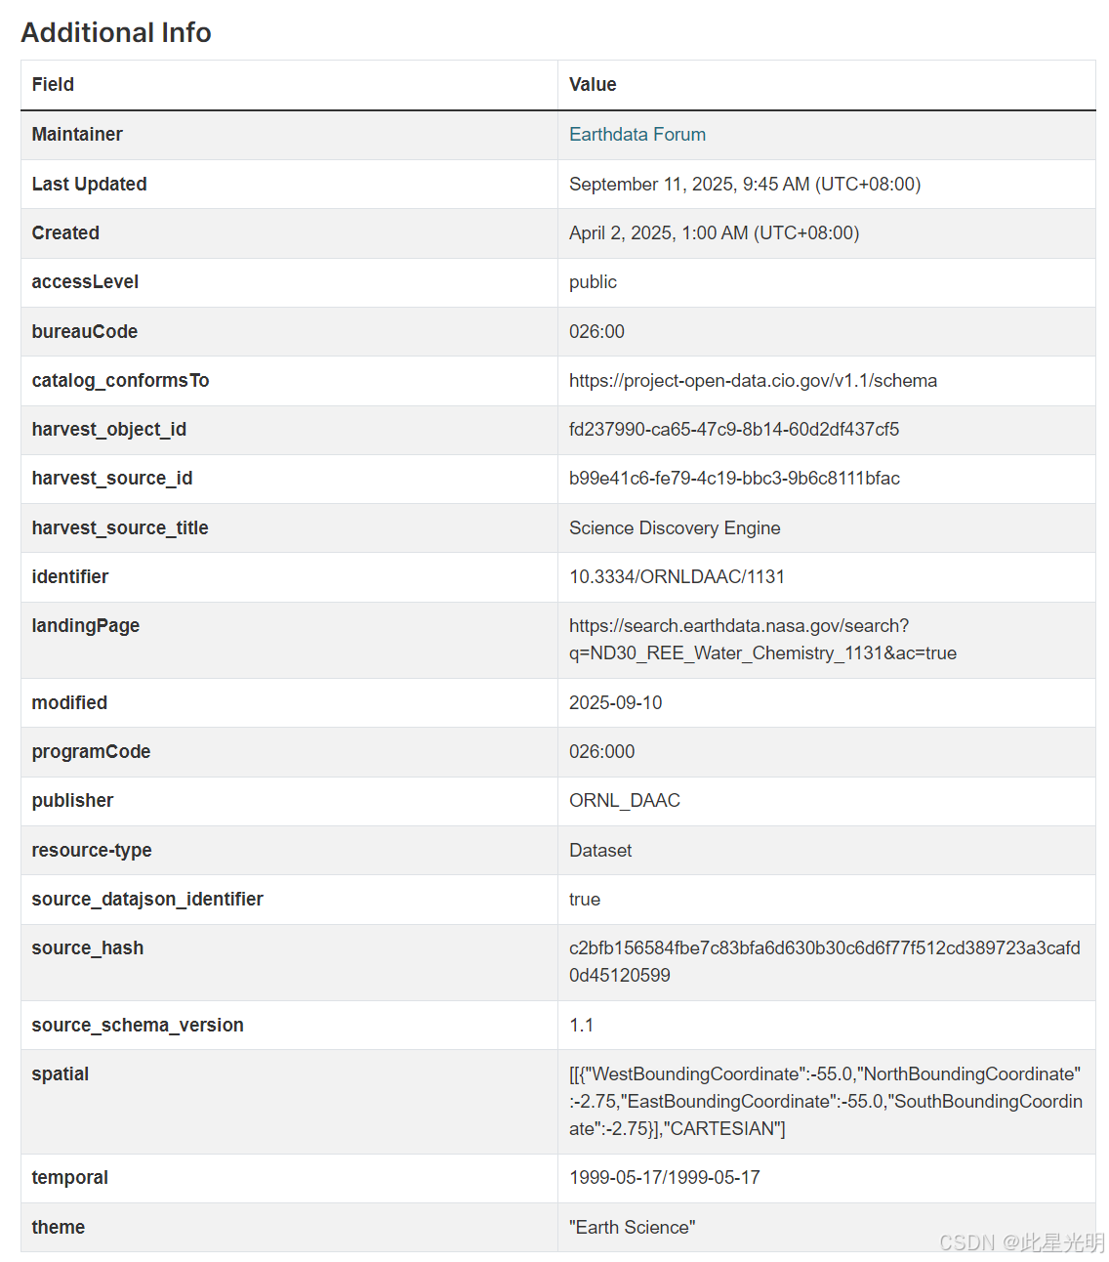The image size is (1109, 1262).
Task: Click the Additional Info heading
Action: tap(116, 32)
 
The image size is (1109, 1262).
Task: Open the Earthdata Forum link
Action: tap(637, 135)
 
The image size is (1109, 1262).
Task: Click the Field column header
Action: tap(53, 85)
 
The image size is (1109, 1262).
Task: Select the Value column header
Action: tap(593, 85)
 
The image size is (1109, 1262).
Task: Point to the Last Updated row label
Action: tap(89, 184)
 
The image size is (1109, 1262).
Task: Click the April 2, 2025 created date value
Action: tap(714, 233)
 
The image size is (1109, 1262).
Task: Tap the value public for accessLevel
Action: tap(593, 282)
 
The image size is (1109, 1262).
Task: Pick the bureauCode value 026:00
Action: tap(596, 332)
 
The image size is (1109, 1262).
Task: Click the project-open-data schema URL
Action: tap(753, 381)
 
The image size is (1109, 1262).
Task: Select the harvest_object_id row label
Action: tap(108, 430)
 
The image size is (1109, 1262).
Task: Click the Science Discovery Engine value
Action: tap(675, 528)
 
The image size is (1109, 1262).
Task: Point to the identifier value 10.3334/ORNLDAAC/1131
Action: tap(677, 577)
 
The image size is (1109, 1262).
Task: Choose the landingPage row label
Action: tap(85, 626)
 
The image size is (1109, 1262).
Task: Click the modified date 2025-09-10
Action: tap(615, 703)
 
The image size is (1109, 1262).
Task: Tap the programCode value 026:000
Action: tap(601, 752)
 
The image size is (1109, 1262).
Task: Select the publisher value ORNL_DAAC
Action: tap(624, 801)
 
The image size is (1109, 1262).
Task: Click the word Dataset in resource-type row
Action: tap(600, 851)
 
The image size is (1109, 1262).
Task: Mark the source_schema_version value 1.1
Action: tap(581, 1026)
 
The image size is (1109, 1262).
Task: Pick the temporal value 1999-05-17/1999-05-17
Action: tap(664, 1178)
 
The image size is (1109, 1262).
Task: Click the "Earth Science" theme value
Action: tap(632, 1228)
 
